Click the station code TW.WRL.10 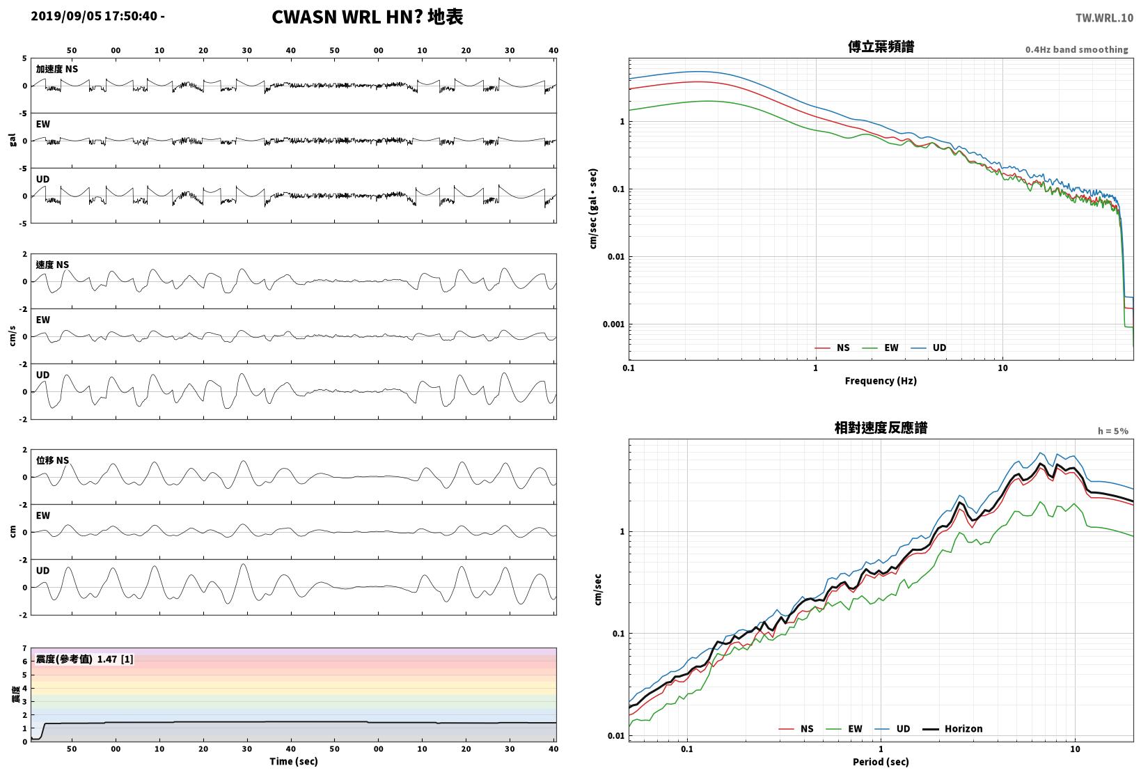[1104, 18]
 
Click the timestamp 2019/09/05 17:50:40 [94, 16]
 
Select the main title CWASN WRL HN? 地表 [368, 17]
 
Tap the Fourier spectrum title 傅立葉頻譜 [881, 47]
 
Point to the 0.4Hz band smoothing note [1076, 49]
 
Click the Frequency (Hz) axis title [881, 381]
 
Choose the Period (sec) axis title [881, 762]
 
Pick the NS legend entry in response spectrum [796, 728]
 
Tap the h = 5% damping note [1112, 431]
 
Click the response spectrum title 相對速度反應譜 [881, 428]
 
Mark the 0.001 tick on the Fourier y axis [613, 324]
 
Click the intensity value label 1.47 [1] [115, 659]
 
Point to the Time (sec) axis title [293, 761]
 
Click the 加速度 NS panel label [56, 70]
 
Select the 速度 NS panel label [52, 265]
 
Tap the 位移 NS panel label [52, 461]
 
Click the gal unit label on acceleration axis [13, 140]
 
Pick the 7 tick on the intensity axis [24, 648]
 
